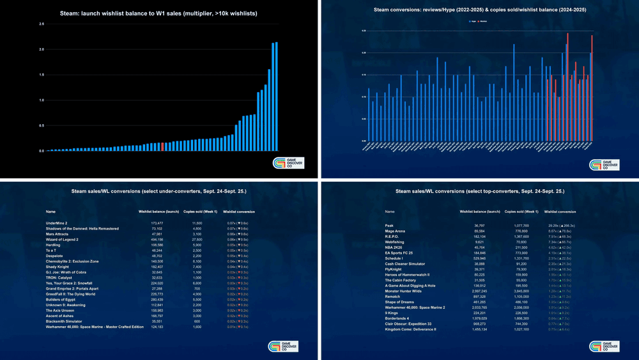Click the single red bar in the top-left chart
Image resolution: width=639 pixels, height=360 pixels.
pos(163,146)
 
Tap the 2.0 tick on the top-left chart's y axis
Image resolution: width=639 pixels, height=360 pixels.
pos(41,49)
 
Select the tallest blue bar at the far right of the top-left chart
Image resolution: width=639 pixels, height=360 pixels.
pos(276,97)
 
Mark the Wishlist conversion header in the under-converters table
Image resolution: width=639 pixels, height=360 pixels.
pos(238,211)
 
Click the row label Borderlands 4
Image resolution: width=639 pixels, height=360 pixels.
pos(399,317)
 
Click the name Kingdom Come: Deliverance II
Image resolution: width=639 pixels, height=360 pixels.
pos(410,328)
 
